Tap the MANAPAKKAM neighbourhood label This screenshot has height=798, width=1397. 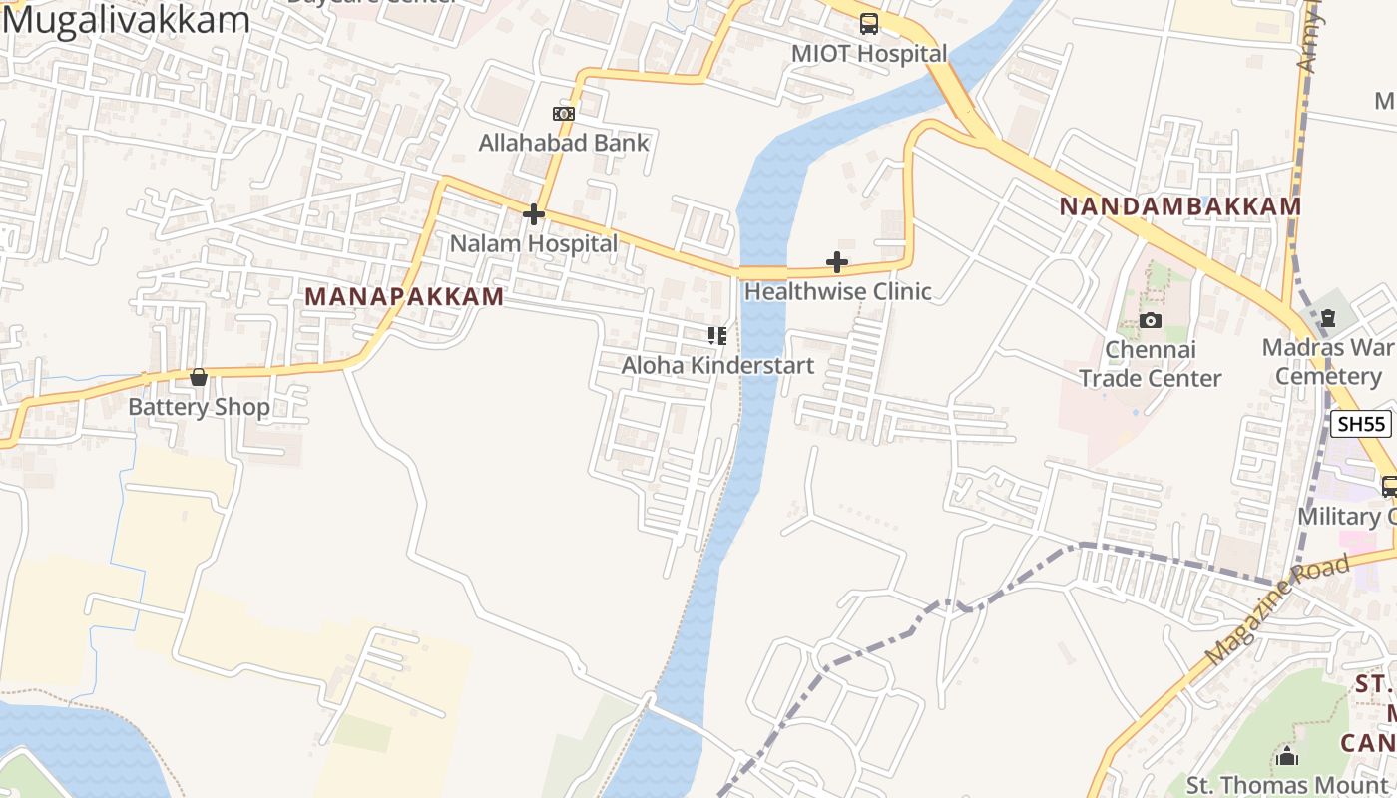coord(404,297)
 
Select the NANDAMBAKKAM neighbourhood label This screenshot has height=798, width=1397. coord(1179,206)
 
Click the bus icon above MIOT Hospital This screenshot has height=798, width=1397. coord(869,24)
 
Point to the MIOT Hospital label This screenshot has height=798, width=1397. coord(869,54)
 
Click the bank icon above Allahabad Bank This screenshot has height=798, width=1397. coord(564,114)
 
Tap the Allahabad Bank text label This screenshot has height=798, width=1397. coord(564,143)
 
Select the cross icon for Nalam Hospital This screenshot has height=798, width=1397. coord(534,214)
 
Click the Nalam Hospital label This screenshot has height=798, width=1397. coord(534,243)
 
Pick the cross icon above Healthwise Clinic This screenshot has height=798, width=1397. coord(837,263)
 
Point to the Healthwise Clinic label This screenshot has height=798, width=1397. coord(837,292)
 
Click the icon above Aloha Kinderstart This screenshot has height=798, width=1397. coord(717,336)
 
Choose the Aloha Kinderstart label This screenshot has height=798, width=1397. coord(717,366)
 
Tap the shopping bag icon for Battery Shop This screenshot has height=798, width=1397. coord(199,378)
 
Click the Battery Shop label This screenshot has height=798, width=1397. coord(199,407)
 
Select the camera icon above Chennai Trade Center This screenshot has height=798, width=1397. coord(1151,321)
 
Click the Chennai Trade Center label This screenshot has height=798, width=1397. coord(1151,364)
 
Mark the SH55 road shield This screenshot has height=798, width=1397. coord(1361,424)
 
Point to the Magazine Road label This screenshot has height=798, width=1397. coord(1279,609)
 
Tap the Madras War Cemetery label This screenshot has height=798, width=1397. coord(1327,362)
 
